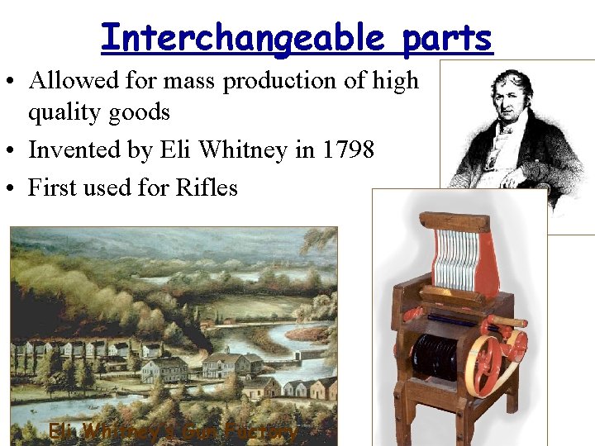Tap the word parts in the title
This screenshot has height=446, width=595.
[x=448, y=37]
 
